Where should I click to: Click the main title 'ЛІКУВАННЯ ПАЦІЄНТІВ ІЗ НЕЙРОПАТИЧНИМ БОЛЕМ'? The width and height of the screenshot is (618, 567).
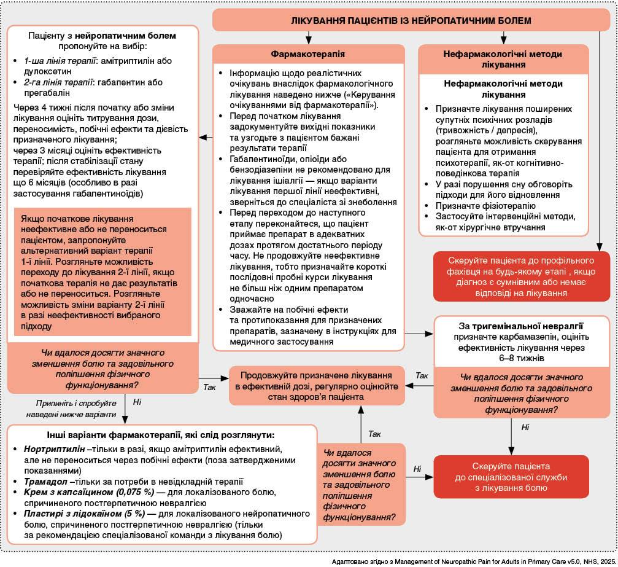tap(411, 21)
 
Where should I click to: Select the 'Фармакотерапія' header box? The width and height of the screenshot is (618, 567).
tap(307, 53)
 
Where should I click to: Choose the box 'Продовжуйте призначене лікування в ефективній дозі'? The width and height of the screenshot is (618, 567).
tap(317, 386)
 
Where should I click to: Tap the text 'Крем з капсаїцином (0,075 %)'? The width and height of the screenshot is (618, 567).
tap(86, 492)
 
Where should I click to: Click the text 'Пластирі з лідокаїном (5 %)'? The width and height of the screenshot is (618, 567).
tap(82, 513)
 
